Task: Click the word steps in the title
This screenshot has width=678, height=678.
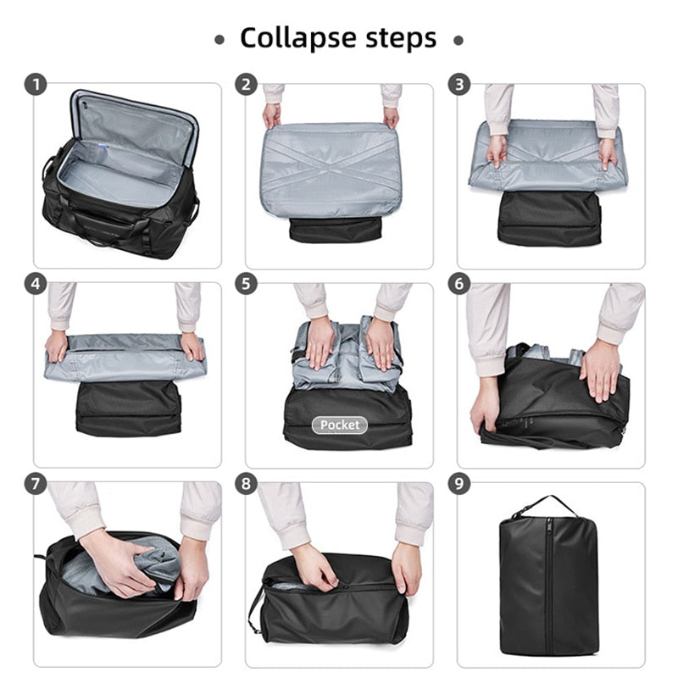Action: (x=401, y=38)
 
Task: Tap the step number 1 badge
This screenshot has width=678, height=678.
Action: (x=36, y=84)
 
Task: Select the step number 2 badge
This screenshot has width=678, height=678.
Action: (x=246, y=84)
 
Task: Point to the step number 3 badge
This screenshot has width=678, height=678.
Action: (x=458, y=84)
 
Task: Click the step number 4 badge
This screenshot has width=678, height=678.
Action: (x=36, y=284)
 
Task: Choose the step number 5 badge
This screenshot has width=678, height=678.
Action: (x=246, y=284)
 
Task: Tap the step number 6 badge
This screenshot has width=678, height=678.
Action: (x=458, y=284)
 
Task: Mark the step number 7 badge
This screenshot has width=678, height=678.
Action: (x=36, y=483)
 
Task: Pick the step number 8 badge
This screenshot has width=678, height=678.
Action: (x=246, y=483)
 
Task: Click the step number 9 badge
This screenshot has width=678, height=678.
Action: (x=458, y=483)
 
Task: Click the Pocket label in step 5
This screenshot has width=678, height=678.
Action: (x=340, y=425)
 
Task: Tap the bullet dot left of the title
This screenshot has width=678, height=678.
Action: (x=220, y=40)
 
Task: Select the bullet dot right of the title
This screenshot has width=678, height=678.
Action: (x=458, y=41)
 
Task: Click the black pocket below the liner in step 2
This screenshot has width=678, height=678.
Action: (x=336, y=230)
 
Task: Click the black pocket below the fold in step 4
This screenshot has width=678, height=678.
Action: (x=128, y=408)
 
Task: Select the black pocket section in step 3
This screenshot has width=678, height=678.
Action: (x=549, y=219)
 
